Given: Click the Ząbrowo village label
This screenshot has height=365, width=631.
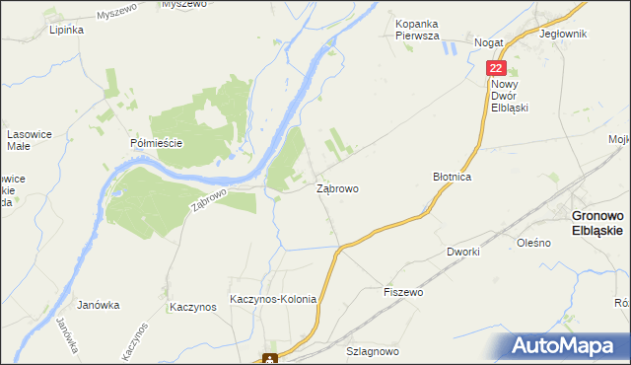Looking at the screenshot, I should pos(337,187).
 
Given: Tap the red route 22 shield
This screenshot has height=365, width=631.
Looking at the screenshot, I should pos(496,68).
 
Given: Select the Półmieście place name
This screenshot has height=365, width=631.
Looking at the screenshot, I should pos(158,143).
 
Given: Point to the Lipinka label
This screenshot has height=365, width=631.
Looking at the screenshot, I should pos(66,30).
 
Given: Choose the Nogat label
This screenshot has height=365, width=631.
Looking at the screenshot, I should pos(489,43).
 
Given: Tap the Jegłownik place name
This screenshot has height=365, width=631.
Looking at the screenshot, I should pos(564,34).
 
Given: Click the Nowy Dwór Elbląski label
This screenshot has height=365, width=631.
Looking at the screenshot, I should pos(511,96).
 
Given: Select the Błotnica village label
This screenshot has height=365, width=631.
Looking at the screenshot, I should pos(454,176).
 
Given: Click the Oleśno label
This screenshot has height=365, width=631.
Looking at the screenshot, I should pos(533,242).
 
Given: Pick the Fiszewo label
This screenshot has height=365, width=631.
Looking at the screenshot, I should pos(403,293).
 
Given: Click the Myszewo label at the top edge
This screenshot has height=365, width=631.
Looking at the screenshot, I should pos(183,5).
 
